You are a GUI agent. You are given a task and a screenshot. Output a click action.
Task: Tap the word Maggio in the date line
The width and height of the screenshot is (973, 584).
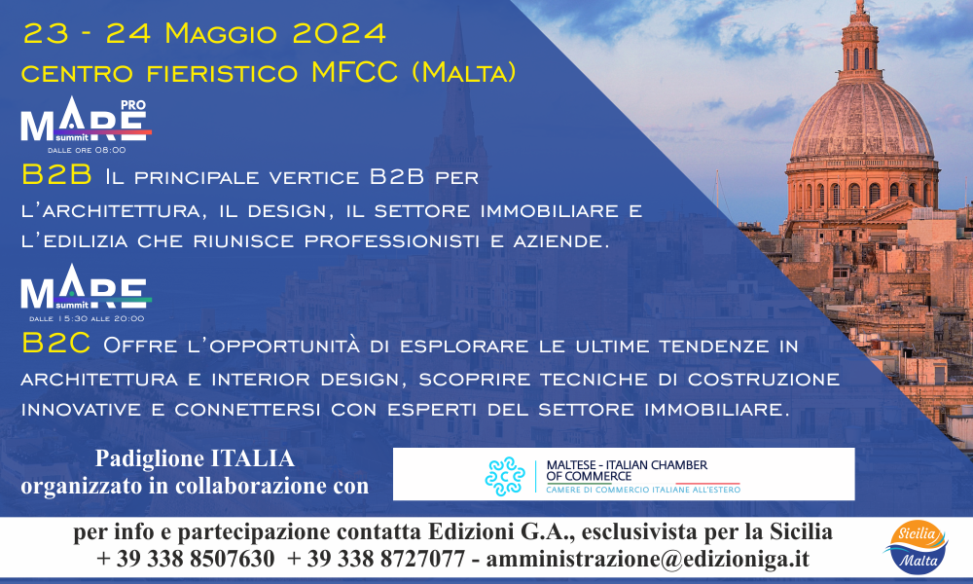coord(220,34)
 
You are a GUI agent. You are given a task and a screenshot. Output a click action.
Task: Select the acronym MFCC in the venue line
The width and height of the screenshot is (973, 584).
coord(354,72)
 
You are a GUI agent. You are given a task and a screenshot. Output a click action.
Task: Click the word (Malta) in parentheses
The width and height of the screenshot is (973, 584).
coord(463,73)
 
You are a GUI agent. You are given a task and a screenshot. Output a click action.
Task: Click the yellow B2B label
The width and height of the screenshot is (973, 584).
coord(56,175)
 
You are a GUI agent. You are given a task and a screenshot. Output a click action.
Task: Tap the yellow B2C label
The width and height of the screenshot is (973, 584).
coord(55,344)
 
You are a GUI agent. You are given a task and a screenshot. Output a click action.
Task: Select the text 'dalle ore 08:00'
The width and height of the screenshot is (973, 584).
coord(87,150)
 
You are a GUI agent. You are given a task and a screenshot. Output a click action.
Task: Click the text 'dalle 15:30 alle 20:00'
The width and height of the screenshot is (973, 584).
coord(87,318)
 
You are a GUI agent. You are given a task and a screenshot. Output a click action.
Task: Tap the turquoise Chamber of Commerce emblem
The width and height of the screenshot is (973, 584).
coord(505,476)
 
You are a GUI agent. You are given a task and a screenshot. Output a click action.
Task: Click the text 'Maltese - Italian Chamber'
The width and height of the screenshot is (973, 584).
coord(627,465)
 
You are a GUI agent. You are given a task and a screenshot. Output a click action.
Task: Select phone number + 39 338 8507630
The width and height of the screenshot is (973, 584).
coord(186,559)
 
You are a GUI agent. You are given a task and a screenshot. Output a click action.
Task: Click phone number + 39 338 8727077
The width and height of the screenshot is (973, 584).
coord(376,559)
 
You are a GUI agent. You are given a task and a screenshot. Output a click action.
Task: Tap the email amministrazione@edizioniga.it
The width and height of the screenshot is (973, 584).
coord(648,559)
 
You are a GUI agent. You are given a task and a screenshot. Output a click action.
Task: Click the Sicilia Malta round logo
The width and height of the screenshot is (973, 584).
coord(917,547)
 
